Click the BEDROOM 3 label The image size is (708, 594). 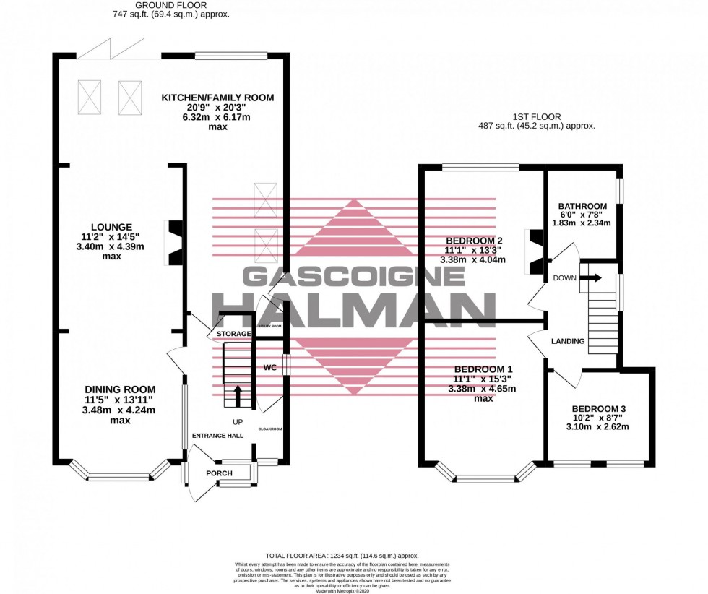(598, 408)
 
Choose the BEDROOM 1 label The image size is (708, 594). (474, 369)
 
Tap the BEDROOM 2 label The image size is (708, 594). (474, 241)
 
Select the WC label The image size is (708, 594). (270, 368)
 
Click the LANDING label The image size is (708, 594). (567, 341)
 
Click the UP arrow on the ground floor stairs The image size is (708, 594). (238, 396)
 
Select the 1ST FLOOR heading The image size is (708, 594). (546, 116)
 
